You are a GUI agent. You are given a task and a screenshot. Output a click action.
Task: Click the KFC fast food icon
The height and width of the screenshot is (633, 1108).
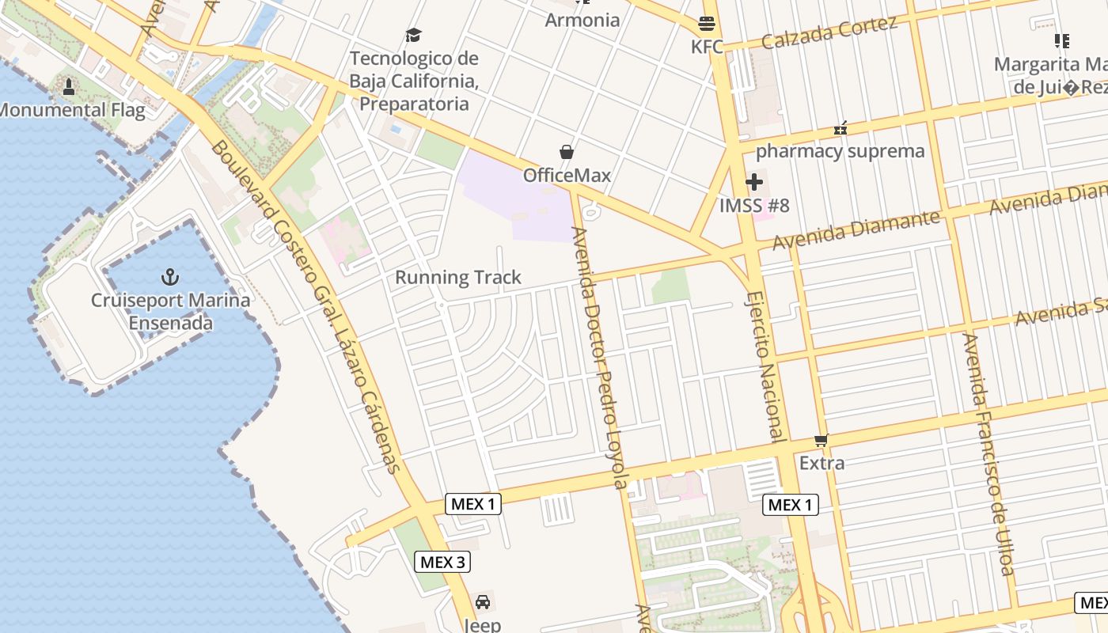pyautogui.click(x=707, y=24)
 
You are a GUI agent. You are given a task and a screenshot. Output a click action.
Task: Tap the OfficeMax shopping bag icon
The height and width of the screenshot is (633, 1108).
pyautogui.click(x=567, y=152)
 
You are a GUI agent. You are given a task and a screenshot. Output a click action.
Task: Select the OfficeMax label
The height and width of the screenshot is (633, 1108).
pyautogui.click(x=567, y=175)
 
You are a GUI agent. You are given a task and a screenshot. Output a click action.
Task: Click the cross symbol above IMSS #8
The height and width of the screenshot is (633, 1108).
pyautogui.click(x=754, y=183)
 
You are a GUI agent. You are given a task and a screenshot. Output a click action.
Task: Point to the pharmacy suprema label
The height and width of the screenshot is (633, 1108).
pyautogui.click(x=840, y=151)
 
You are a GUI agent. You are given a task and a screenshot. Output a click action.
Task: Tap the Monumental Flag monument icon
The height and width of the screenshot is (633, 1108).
pyautogui.click(x=69, y=87)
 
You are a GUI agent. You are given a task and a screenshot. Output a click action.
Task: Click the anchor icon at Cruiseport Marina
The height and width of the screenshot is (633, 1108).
pyautogui.click(x=170, y=277)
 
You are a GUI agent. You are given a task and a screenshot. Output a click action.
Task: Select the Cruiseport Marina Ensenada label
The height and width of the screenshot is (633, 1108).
pyautogui.click(x=170, y=312)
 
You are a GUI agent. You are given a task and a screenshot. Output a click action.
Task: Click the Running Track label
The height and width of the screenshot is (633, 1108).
pyautogui.click(x=458, y=277)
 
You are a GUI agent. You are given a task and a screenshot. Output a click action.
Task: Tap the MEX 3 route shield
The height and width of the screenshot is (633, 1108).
pyautogui.click(x=442, y=562)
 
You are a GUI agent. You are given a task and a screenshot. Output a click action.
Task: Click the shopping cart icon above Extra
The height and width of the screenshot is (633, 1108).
pyautogui.click(x=822, y=440)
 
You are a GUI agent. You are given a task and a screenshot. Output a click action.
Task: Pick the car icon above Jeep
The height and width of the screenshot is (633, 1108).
pyautogui.click(x=482, y=602)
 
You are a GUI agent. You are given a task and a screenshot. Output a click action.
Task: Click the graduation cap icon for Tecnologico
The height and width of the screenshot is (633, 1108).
pyautogui.click(x=413, y=36)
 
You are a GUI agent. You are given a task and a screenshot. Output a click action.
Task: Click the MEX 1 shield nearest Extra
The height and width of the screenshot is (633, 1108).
pyautogui.click(x=791, y=505)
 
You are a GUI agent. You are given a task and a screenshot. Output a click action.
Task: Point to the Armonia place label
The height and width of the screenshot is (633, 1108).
pyautogui.click(x=582, y=20)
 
